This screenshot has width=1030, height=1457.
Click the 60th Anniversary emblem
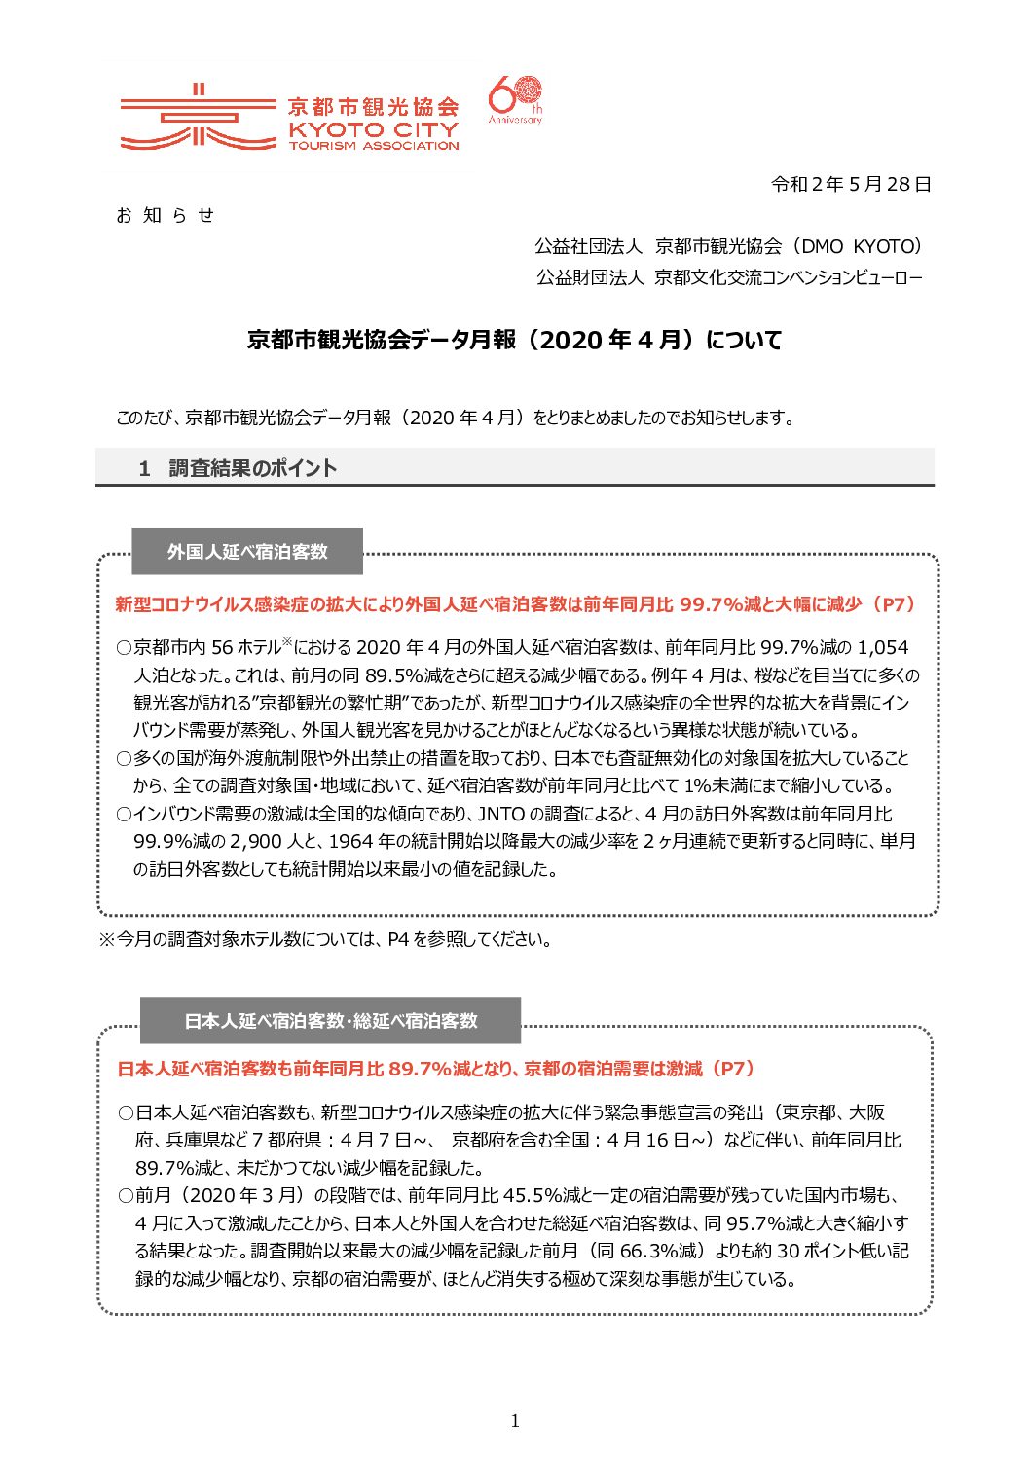(515, 100)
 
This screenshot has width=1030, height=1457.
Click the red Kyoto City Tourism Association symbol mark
(198, 119)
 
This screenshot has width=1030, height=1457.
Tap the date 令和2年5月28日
(851, 184)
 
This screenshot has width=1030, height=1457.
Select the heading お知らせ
(165, 215)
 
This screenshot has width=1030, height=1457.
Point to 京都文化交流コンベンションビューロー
(788, 278)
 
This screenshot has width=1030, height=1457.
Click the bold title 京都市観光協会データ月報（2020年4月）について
(514, 340)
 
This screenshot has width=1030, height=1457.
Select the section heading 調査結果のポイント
(252, 468)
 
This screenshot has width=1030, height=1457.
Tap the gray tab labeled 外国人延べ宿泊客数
(247, 552)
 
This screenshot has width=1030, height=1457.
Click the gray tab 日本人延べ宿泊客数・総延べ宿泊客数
(331, 1021)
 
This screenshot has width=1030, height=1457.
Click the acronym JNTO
(500, 814)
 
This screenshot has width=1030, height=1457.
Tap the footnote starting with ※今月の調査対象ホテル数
(327, 940)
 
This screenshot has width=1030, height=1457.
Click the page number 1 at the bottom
(515, 1421)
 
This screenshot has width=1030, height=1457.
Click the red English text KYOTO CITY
(373, 128)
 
